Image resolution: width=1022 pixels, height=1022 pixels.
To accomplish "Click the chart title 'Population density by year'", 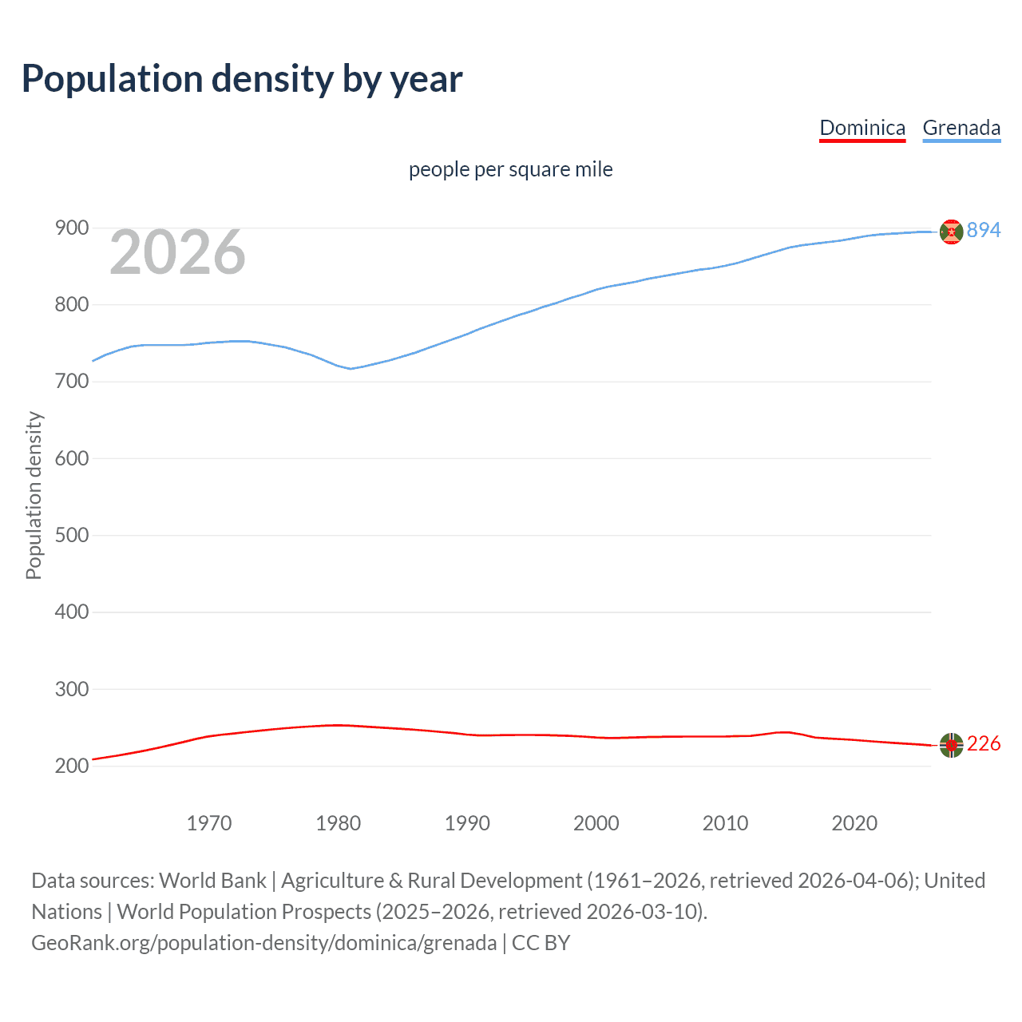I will point(242,79).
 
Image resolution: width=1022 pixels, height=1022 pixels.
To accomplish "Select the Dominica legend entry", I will point(862,129).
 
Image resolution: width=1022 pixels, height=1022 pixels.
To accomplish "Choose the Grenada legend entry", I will point(961,129).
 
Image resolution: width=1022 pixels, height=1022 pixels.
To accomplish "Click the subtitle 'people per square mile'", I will point(510,169).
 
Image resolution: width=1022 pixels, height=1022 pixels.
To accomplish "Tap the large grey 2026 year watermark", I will point(177,252).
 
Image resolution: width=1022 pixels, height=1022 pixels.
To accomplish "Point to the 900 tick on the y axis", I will point(72,228).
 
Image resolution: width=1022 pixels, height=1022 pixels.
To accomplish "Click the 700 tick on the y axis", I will point(72,382).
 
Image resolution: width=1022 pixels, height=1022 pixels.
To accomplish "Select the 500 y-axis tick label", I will point(72,535).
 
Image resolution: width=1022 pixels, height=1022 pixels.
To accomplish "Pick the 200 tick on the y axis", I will point(72,766).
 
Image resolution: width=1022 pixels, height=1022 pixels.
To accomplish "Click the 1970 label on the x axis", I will point(209,823).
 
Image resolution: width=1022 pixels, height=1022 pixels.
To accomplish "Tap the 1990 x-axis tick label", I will point(467,823).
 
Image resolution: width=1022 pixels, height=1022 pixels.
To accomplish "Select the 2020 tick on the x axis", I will point(854,823).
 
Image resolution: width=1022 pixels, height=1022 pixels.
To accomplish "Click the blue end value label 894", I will point(984,231).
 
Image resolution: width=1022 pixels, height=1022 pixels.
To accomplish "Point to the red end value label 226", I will point(984,744).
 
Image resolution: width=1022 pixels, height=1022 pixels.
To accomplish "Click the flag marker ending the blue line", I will point(951,232).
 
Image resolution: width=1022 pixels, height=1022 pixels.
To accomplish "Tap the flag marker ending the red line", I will point(951,745).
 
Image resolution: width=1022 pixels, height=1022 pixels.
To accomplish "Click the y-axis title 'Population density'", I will point(34,495).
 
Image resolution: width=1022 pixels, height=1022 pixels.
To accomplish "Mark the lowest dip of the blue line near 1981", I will point(350,368).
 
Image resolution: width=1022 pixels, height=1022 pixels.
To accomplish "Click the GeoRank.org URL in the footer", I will point(263,943).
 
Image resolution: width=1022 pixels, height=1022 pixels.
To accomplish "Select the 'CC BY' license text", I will point(541,943).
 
